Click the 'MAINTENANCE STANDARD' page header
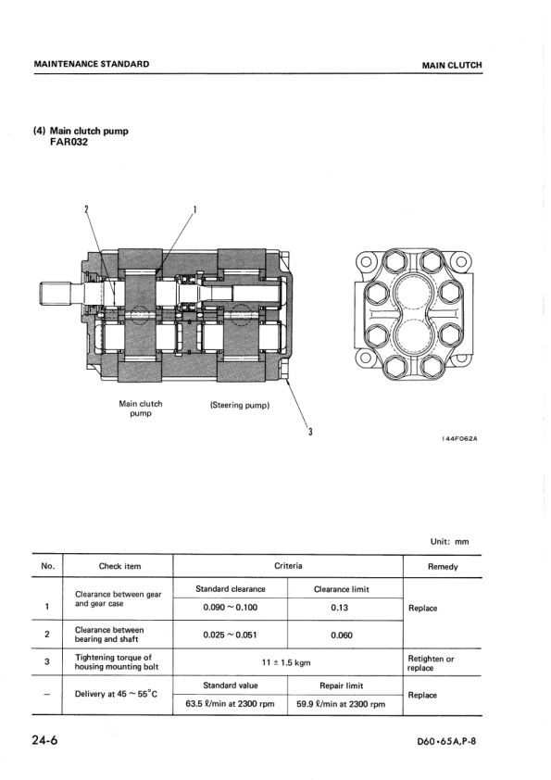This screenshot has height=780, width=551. coord(92,64)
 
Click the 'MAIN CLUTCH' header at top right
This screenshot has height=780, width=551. coord(452,65)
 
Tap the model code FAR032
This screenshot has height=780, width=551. coord(69,143)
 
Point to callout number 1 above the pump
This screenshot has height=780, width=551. coord(194,209)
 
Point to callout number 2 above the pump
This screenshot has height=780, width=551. coord(86,209)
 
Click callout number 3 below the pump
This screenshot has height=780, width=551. coord(310,432)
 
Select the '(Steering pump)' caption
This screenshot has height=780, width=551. coord(240,405)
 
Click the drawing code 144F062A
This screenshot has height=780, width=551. coord(459,439)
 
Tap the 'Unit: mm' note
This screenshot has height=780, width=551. coord(449,542)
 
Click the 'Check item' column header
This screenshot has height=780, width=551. coord(119,566)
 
